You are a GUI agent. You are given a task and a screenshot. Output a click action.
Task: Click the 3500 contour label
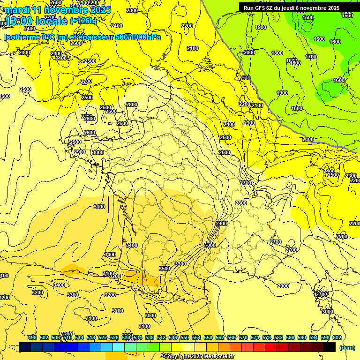tap(164, 269)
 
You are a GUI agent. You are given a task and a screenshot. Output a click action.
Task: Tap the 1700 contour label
tap(310, 57)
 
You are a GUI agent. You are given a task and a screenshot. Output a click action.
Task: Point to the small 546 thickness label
tap(246, 78)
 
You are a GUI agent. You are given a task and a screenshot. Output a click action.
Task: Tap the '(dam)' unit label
tap(347, 348)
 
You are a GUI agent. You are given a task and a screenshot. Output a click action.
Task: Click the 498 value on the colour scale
tap(32, 337)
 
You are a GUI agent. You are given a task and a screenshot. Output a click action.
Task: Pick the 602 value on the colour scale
tap(337, 337)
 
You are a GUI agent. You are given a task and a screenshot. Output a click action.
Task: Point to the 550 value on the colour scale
tap(185, 337)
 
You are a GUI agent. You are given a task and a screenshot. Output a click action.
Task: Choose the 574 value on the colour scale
tap(255, 337)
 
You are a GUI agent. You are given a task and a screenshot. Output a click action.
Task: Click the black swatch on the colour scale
tap(330, 347)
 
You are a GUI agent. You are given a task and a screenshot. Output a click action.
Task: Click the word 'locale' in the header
tap(51, 21)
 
